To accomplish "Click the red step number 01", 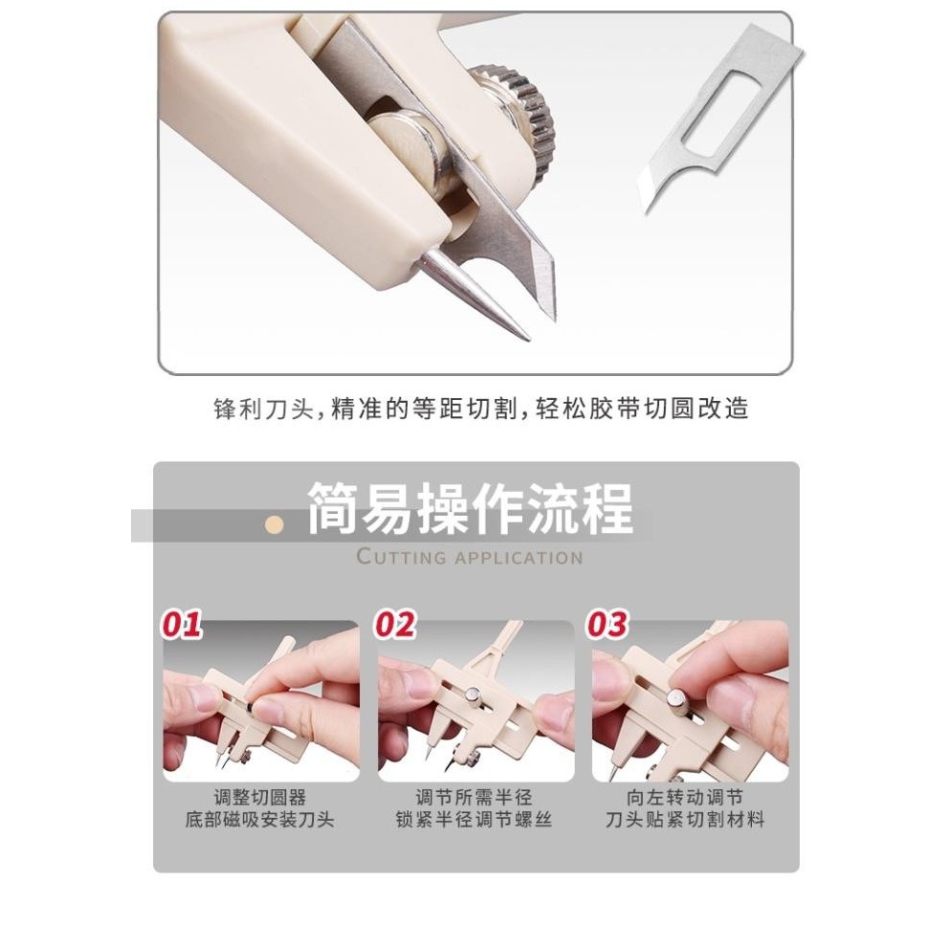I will click(x=181, y=625).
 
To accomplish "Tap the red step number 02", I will click(x=395, y=625).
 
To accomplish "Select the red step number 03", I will click(x=608, y=625).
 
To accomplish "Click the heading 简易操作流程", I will click(x=470, y=509).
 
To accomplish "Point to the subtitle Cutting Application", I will click(x=469, y=557).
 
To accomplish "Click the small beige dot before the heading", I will click(x=276, y=524).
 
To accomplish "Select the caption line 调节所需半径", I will click(x=475, y=797).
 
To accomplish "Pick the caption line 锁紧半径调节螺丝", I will click(x=475, y=820).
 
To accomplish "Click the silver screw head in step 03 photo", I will click(x=678, y=702).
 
